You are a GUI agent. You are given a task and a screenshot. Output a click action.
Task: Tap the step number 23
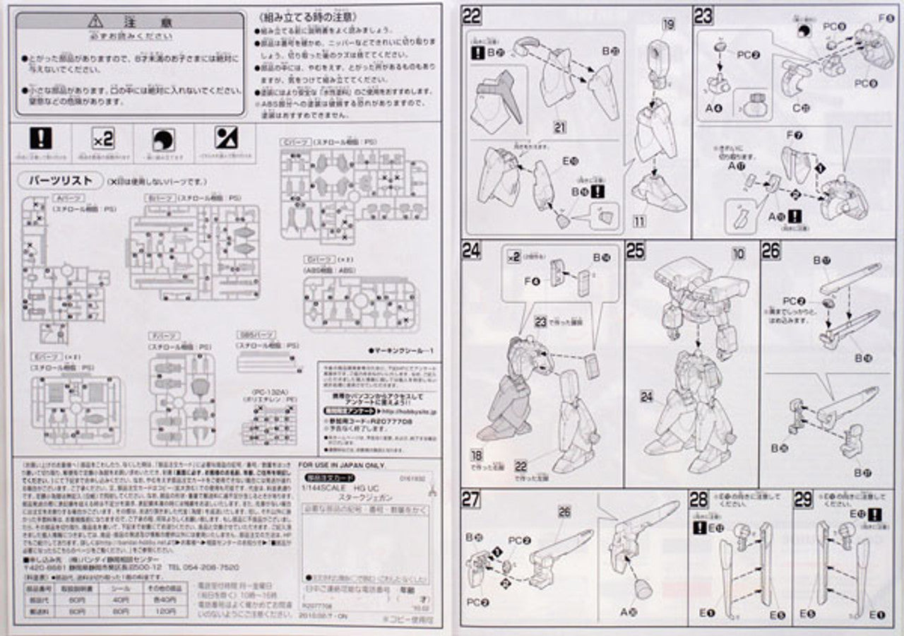tap(704, 16)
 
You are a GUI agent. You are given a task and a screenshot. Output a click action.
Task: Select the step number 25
tap(636, 250)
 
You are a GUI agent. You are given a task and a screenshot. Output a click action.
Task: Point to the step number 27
tap(472, 499)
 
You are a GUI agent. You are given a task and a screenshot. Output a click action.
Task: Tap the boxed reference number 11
tap(639, 220)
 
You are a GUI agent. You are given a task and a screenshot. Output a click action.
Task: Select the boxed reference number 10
tap(739, 253)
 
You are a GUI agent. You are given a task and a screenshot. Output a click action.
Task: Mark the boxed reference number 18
tap(477, 456)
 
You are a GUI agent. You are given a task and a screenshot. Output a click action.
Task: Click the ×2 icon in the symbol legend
tap(103, 139)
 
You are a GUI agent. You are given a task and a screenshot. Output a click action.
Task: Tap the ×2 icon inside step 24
tap(513, 257)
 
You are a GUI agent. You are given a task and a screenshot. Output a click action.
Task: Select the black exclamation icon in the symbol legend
tap(42, 137)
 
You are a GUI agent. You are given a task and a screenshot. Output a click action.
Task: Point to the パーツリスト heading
tap(60, 180)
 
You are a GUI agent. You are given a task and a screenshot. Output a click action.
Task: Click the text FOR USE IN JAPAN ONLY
tap(342, 466)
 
